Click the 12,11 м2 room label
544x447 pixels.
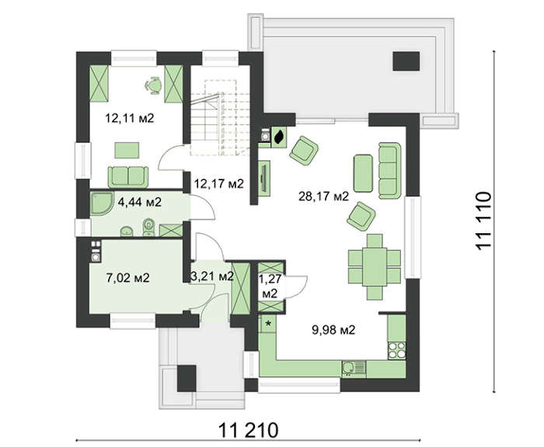tap(130, 119)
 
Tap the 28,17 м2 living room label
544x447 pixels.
tap(323, 197)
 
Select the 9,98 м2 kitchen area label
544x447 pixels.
tap(333, 330)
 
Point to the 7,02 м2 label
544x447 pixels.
tap(128, 278)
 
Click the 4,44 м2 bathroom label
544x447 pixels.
tap(140, 201)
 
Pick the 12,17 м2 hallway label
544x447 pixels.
tap(219, 183)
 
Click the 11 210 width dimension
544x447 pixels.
tap(249, 431)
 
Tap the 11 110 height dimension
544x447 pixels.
tap(483, 221)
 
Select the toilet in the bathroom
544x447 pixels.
tap(148, 227)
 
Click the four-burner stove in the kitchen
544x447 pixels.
tap(396, 350)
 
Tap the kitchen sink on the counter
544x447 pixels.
tap(354, 368)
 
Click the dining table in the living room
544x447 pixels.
tap(375, 267)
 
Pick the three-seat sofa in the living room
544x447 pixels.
tap(389, 171)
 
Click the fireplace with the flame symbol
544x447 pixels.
tap(278, 137)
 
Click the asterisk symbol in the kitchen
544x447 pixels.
tap(268, 324)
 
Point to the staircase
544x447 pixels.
tap(220, 117)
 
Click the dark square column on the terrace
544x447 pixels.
tap(406, 61)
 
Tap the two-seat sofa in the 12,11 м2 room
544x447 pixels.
tap(128, 176)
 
